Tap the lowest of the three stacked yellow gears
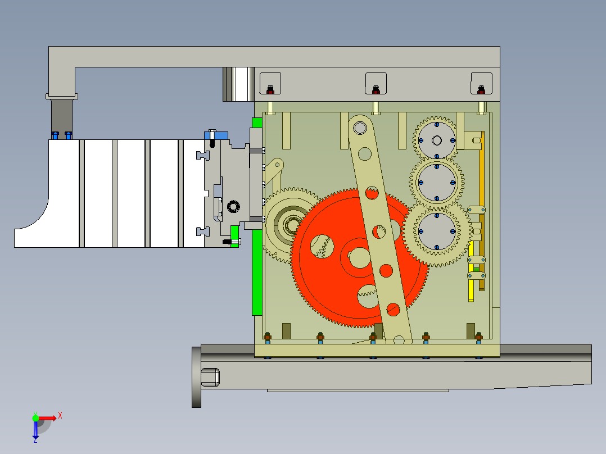coord(437,231)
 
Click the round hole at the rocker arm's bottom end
coord(399,339)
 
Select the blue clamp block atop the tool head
coord(216,135)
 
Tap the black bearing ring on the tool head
coord(233,206)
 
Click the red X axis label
coord(60,416)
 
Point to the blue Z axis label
coord(35,440)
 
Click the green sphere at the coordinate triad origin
coord(35,417)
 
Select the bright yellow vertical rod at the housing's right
coord(471,278)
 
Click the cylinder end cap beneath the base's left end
coord(209,377)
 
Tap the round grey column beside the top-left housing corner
coord(238,84)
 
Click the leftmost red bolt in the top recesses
coord(270,89)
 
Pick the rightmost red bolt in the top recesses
coord(481,89)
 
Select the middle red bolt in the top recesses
coord(376,89)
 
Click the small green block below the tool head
coord(235,231)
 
